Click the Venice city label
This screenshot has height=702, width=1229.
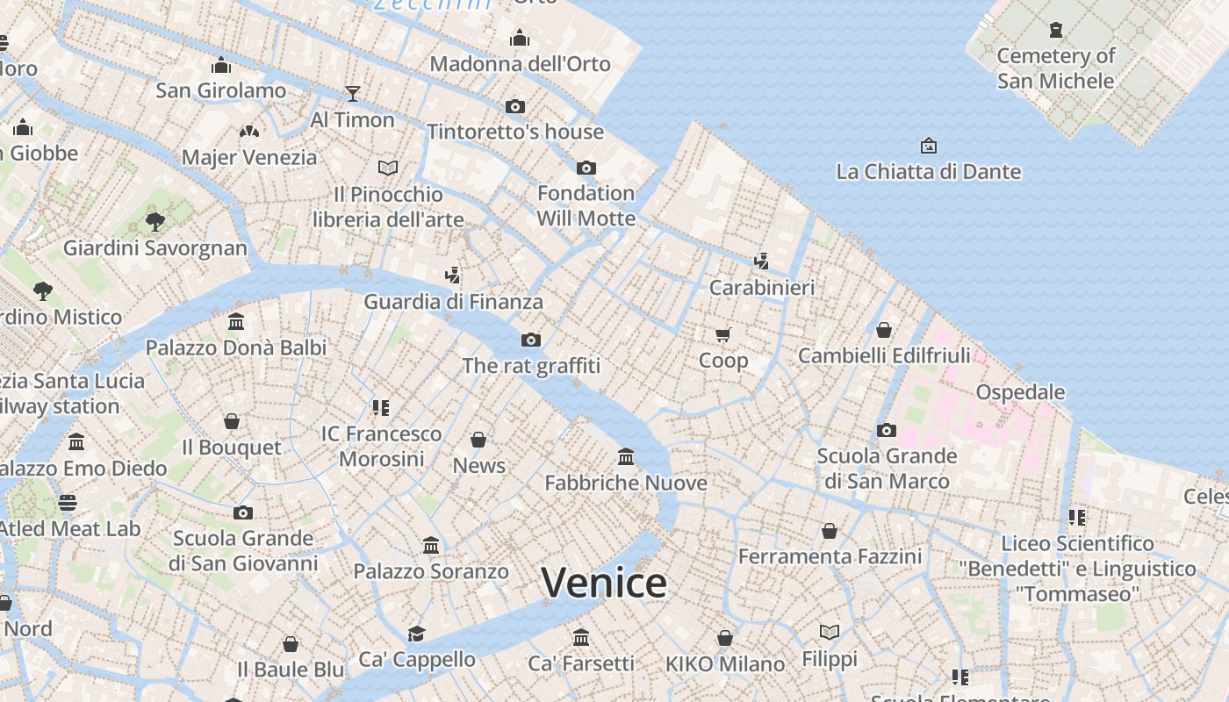[x=604, y=583]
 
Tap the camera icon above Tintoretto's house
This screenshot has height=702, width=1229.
[x=515, y=107]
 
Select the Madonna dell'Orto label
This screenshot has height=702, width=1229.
[x=520, y=64]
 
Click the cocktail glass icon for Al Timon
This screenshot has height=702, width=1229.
[x=353, y=93]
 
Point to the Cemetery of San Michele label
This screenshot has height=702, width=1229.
[x=1055, y=68]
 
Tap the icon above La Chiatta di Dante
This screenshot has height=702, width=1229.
[x=928, y=146]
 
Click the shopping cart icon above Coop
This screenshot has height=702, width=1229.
[x=723, y=334]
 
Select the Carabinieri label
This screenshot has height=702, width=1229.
[x=762, y=287]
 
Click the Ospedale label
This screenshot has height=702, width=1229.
[x=1020, y=392]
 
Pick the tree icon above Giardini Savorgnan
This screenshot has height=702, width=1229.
[x=155, y=221]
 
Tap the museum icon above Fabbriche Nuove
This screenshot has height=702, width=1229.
[x=626, y=456]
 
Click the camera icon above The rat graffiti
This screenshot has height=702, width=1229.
[x=531, y=340]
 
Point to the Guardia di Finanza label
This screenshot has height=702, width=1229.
[x=453, y=302]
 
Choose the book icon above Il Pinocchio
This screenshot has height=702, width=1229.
[x=388, y=167]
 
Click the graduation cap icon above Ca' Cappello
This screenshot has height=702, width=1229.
[x=416, y=634]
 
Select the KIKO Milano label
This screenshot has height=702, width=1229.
[x=724, y=664]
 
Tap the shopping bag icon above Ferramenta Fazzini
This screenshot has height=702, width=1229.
[x=830, y=531]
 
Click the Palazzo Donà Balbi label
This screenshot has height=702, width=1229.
[x=236, y=347]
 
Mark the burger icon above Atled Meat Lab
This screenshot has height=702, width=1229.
[x=68, y=503]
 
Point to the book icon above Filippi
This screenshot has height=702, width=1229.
[x=830, y=632]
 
